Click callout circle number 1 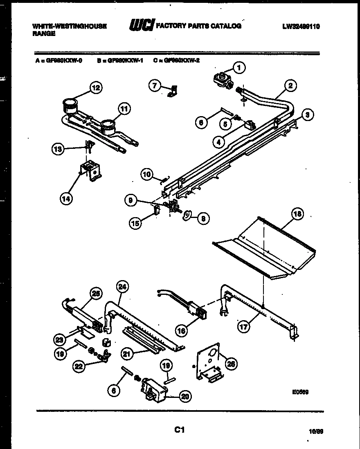240,67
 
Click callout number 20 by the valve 185,396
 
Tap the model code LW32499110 301,27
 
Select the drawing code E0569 300,391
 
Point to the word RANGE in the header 44,34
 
